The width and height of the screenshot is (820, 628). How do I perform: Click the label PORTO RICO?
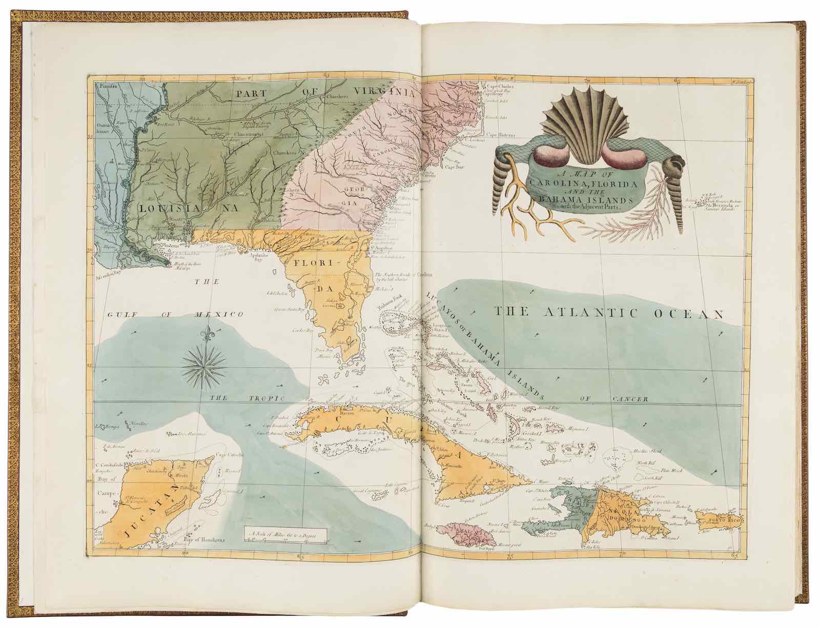(720, 523)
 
